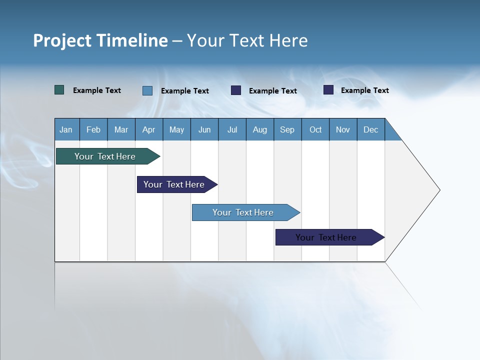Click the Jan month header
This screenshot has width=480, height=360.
pos(66,129)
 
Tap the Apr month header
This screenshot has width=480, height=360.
pos(148,129)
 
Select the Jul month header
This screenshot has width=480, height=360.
pos(232,129)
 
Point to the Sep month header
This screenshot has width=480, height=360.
pos(287,129)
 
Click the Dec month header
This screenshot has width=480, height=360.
pos(370,129)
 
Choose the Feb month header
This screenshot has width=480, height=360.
pos(93,129)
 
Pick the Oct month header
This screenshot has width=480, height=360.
pos(315,129)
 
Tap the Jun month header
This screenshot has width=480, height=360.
pos(204,129)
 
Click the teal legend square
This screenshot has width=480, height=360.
pos(59,90)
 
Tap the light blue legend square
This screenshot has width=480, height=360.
pos(147,90)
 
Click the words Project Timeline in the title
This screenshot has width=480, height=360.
pos(100,40)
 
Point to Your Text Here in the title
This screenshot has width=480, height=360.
pos(247,40)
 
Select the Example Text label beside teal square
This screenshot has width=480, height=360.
pos(97,90)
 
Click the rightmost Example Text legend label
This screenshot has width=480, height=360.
pos(364,90)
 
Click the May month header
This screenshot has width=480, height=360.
pos(176,129)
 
